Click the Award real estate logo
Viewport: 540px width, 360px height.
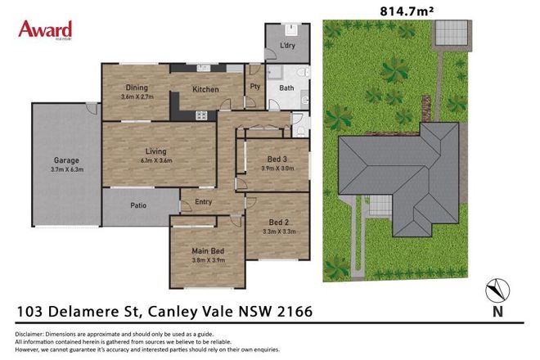45,31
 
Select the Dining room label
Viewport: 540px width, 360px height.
136,88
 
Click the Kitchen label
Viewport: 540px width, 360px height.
205,88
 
